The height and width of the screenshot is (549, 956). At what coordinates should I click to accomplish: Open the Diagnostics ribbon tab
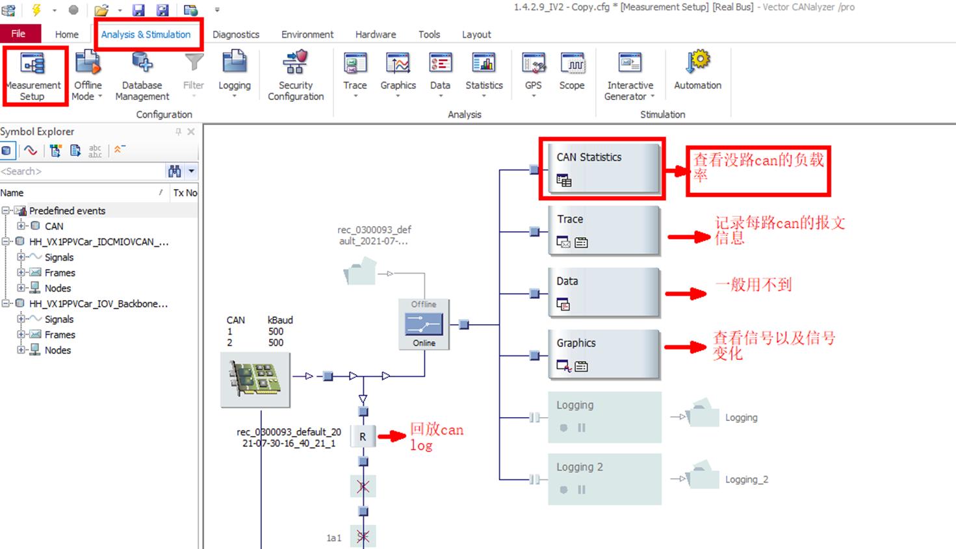236,34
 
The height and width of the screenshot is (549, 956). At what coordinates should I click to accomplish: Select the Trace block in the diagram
604,230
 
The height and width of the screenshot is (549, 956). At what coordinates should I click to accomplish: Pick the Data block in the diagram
604,292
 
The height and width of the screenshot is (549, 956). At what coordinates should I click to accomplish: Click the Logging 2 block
604,479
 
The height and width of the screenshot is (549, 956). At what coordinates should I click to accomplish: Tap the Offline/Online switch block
424,324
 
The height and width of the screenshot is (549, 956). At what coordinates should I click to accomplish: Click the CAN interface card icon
255,379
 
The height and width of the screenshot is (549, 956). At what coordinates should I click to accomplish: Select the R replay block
363,437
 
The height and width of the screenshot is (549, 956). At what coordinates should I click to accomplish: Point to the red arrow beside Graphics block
686,347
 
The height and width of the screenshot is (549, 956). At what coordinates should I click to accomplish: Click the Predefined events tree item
67,211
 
